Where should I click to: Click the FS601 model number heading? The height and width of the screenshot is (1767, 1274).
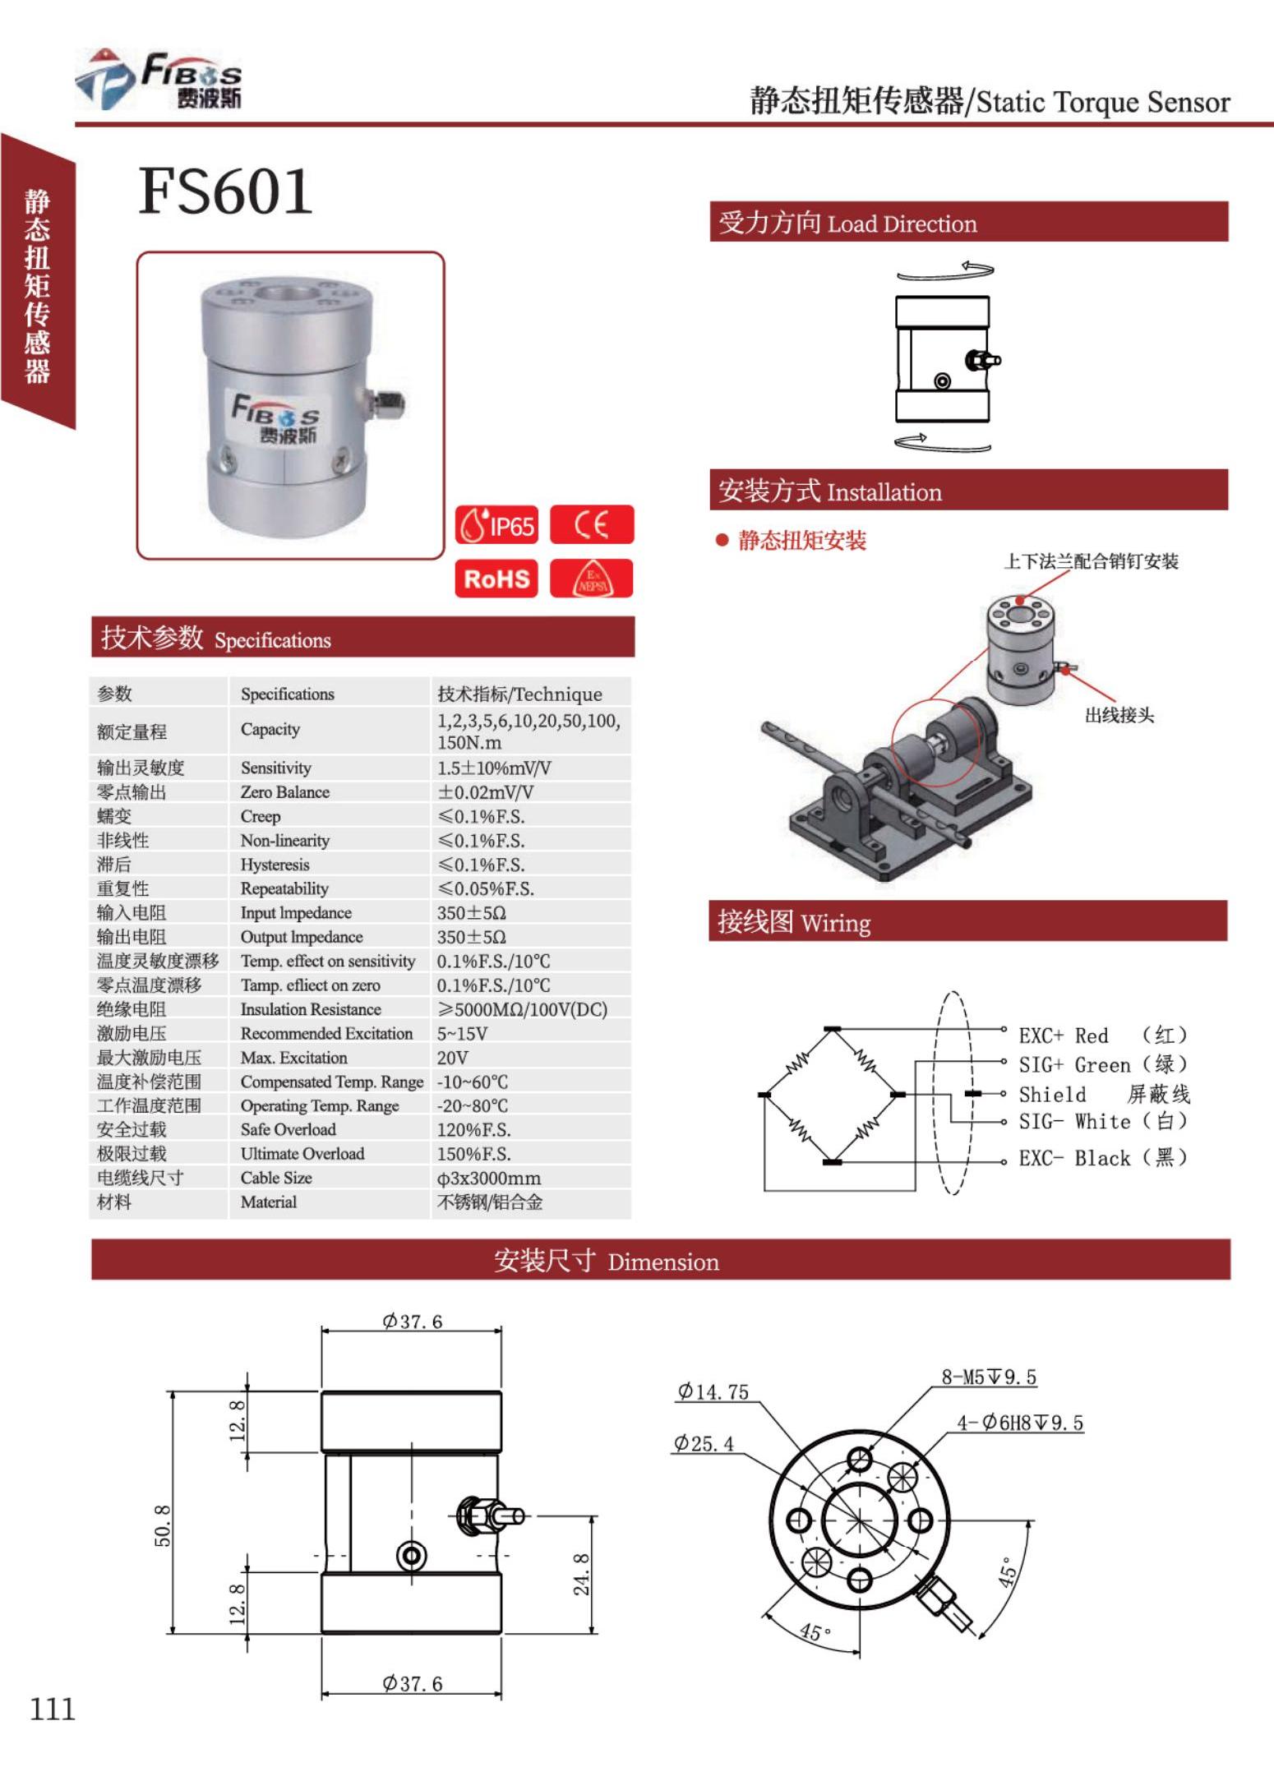point(225,191)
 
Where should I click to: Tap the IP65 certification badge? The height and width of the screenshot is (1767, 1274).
point(496,525)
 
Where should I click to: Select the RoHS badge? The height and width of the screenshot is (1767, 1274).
point(496,579)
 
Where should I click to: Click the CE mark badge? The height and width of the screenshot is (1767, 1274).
point(591,524)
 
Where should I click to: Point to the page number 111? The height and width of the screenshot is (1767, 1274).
point(52,1709)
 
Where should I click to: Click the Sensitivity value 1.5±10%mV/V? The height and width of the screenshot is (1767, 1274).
point(493,768)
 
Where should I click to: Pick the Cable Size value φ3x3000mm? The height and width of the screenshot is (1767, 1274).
point(488,1178)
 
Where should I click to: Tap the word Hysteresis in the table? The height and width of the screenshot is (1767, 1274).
point(275,865)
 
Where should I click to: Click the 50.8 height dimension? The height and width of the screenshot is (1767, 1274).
point(163,1525)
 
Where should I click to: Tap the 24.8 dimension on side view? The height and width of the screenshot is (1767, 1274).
point(581,1574)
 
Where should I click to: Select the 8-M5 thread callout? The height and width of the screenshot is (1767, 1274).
point(988,1377)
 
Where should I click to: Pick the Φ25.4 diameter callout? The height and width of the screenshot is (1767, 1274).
point(704,1443)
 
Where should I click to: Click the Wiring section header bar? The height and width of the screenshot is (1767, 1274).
point(967,921)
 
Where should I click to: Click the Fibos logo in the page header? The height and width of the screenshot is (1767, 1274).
point(160,80)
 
